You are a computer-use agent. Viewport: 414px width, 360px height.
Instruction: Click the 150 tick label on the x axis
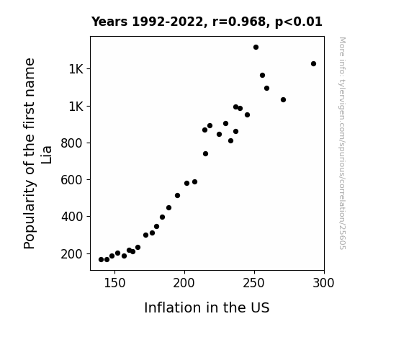[114, 283]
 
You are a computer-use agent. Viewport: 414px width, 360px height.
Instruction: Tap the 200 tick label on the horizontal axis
[184, 283]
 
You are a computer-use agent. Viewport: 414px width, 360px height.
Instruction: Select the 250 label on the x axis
[254, 283]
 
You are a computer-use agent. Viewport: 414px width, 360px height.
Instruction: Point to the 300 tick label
[324, 283]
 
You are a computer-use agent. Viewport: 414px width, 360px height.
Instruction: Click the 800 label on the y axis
[72, 143]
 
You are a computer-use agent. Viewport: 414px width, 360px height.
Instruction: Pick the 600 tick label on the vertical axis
[72, 180]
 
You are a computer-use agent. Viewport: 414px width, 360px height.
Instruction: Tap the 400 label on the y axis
[72, 217]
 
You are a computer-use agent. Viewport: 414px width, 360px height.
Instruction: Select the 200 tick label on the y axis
[72, 254]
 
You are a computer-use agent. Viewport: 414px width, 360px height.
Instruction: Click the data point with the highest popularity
[256, 48]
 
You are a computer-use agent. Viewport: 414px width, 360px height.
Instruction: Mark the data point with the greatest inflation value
[313, 63]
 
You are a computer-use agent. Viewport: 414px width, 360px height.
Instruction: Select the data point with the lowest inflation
[101, 260]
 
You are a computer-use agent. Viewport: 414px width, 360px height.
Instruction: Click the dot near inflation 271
[283, 100]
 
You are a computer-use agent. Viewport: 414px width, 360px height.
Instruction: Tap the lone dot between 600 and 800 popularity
[206, 153]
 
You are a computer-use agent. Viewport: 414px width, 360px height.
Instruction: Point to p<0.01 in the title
[299, 22]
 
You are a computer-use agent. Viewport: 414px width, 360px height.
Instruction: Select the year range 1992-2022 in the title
[168, 22]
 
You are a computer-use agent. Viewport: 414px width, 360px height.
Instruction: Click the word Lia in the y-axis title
[46, 155]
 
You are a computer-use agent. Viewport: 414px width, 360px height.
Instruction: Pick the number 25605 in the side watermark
[342, 238]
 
